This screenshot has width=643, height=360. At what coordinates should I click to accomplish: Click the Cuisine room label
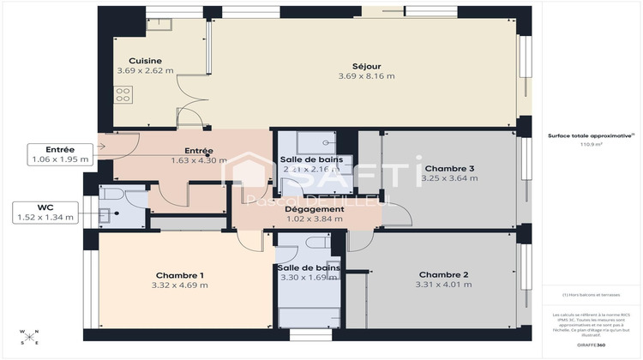click(133, 60)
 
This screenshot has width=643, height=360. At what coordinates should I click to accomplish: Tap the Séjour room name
click(366, 66)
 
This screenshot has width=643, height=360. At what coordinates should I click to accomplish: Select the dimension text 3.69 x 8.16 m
click(366, 76)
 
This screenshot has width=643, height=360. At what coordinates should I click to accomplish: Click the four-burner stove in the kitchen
click(123, 95)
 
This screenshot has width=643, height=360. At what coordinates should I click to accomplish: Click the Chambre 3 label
click(450, 168)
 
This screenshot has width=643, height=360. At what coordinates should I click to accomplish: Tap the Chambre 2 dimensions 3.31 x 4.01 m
click(442, 285)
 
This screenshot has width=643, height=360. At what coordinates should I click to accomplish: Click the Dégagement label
click(314, 208)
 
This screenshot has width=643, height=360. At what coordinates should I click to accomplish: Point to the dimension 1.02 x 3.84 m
click(314, 219)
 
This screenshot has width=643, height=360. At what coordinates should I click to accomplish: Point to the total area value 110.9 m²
click(592, 145)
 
